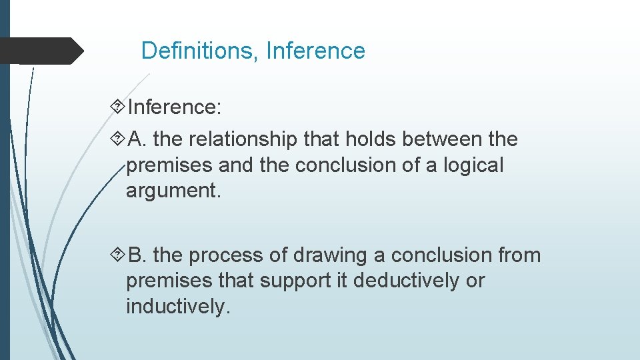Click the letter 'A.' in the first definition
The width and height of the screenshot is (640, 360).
[138, 140]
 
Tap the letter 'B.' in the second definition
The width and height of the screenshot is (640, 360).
[138, 256]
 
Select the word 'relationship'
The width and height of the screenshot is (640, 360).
[243, 140]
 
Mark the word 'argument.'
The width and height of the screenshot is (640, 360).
[173, 191]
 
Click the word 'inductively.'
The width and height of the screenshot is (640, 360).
[177, 307]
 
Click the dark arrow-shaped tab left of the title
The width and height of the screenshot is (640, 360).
[40, 51]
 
